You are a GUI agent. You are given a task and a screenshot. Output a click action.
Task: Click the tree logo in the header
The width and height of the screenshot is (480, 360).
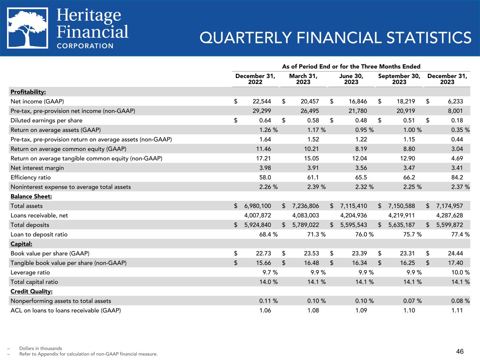tap(28, 28)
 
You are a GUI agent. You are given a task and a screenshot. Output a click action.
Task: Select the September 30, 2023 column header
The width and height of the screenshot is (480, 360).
tap(399, 79)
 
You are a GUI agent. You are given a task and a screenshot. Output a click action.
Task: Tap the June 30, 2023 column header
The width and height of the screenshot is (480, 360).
tap(351, 79)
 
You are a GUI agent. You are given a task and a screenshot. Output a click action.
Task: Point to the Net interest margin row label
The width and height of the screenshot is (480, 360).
tap(37, 168)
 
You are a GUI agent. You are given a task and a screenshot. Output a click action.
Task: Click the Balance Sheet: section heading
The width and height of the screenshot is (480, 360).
tap(31, 196)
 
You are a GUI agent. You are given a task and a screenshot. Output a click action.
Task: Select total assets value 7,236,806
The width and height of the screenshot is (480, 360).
tap(306, 206)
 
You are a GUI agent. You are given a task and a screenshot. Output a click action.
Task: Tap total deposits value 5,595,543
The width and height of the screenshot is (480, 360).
tap(353, 225)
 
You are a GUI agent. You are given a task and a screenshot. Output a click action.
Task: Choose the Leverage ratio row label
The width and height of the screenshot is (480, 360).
tap(30, 272)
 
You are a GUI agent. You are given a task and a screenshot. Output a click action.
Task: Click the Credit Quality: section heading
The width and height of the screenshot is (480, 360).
tap(32, 291)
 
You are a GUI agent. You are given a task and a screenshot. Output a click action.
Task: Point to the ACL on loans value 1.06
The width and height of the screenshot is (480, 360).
tap(265, 310)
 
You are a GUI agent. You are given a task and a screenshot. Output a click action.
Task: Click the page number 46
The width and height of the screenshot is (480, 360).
tap(460, 351)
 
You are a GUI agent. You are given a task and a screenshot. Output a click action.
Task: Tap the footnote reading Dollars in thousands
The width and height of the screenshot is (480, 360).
tap(40, 348)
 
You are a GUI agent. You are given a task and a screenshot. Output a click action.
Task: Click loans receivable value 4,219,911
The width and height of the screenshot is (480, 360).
tap(401, 215)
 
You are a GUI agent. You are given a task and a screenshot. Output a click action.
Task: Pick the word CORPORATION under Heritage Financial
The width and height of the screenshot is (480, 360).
tap(85, 46)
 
